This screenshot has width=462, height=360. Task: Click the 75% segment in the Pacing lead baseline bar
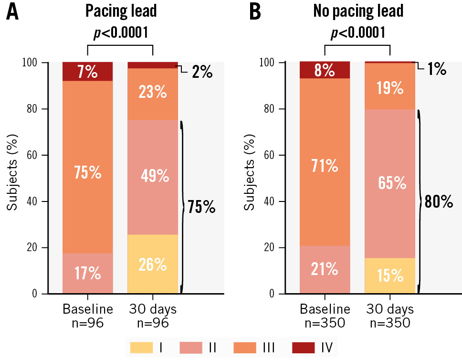click(87, 172)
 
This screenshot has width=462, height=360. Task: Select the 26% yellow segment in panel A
click(152, 264)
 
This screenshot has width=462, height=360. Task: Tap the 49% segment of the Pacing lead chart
click(152, 176)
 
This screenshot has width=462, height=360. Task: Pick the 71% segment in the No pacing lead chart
click(325, 166)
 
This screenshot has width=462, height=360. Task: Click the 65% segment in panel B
click(389, 183)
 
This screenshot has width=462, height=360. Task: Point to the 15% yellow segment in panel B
click(389, 275)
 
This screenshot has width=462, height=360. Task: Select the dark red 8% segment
click(325, 70)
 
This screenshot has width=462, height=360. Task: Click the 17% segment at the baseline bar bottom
click(87, 273)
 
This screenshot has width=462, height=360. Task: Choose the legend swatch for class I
click(141, 347)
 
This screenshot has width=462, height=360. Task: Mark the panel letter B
click(255, 13)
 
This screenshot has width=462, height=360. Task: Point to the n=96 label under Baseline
click(88, 323)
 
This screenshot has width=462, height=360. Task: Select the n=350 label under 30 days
click(390, 323)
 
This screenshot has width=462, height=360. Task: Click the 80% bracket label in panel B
click(439, 201)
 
